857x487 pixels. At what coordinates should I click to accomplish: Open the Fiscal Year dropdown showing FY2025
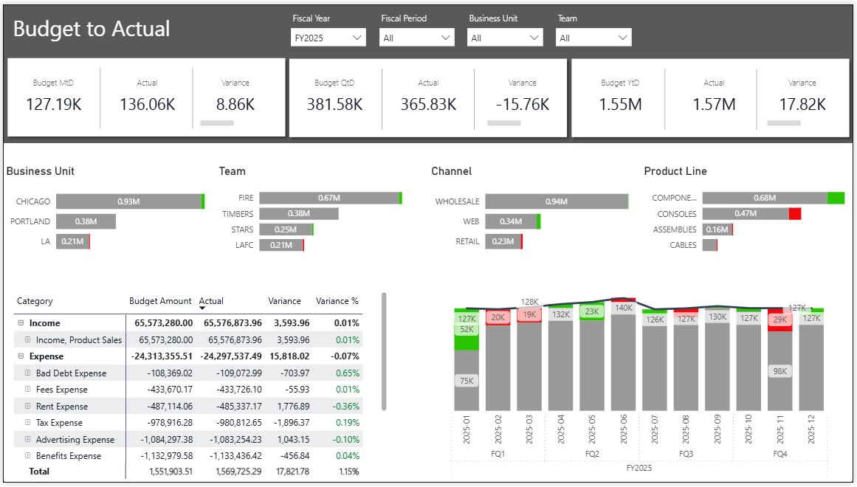pyautogui.click(x=328, y=38)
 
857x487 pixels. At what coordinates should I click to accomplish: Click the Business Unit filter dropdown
pyautogui.click(x=505, y=38)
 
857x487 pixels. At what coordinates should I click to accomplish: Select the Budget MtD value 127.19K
pyautogui.click(x=54, y=105)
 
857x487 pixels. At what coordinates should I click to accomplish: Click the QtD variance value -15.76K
pyautogui.click(x=522, y=105)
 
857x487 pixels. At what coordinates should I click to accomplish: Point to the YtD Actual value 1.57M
pyautogui.click(x=714, y=105)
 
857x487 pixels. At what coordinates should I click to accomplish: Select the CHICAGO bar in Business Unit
pyautogui.click(x=128, y=201)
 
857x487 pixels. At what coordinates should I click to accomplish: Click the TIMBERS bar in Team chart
pyautogui.click(x=298, y=214)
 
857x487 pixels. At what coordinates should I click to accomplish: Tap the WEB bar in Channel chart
pyautogui.click(x=511, y=221)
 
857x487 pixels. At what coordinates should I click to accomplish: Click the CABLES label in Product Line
pyautogui.click(x=683, y=245)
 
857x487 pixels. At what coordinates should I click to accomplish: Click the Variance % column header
pyautogui.click(x=337, y=301)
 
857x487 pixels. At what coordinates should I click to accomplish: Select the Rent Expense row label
pyautogui.click(x=62, y=407)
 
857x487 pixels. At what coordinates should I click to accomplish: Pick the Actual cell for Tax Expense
pyautogui.click(x=238, y=423)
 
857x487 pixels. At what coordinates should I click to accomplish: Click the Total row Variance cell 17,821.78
pyautogui.click(x=288, y=471)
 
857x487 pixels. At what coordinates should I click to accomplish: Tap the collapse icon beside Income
pyautogui.click(x=21, y=323)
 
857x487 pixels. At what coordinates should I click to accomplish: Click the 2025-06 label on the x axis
pyautogui.click(x=624, y=429)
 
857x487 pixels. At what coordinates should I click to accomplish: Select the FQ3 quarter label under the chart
pyautogui.click(x=686, y=454)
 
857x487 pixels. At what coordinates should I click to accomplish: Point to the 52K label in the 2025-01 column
pyautogui.click(x=467, y=330)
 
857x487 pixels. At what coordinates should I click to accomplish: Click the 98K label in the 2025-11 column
pyautogui.click(x=779, y=371)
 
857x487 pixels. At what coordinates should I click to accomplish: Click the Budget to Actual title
pyautogui.click(x=92, y=29)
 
